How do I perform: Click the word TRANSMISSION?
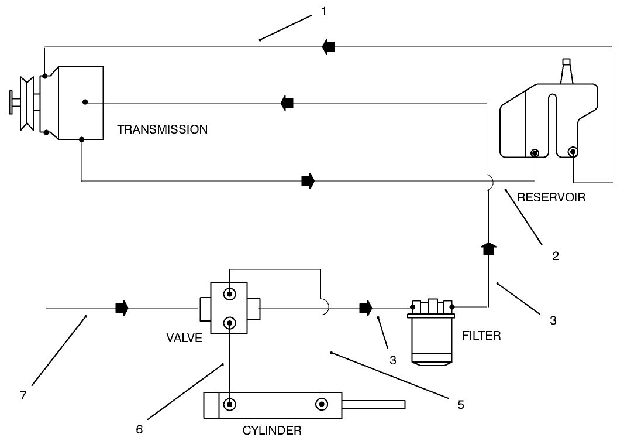point(162,129)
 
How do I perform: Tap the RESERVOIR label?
point(551,197)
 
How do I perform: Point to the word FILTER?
point(481,336)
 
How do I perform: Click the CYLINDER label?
point(272,431)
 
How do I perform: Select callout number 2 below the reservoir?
point(556,255)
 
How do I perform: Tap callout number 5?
point(461,405)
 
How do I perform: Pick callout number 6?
point(139,429)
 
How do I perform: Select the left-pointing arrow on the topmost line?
point(328,47)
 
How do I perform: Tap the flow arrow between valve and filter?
point(366,308)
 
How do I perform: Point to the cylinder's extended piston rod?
point(373,405)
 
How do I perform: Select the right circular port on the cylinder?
point(321,404)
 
